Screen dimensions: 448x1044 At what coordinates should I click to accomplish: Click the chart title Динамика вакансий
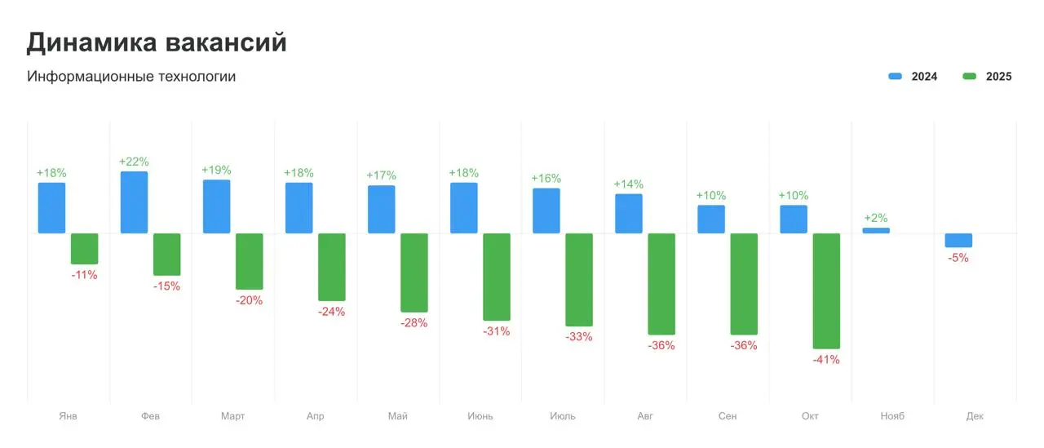157,42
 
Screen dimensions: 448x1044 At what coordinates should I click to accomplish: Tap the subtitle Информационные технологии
131,77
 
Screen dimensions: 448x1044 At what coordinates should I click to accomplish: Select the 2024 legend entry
913,77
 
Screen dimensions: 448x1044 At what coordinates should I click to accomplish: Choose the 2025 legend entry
988,77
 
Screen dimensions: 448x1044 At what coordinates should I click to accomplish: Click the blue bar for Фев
134,202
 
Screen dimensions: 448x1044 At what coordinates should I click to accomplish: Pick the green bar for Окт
826,291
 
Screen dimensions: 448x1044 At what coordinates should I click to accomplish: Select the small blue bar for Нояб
876,231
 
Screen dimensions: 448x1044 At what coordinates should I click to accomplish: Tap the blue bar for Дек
958,240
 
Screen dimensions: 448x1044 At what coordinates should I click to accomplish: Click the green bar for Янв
84,248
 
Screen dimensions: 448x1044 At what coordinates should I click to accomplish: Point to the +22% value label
134,162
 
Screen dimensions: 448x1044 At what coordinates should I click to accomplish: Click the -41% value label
826,360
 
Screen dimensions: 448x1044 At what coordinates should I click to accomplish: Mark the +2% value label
876,218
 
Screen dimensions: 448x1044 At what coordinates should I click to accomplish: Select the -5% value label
958,258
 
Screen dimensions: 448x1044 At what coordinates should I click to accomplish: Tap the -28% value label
414,323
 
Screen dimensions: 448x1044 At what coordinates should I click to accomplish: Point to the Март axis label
232,416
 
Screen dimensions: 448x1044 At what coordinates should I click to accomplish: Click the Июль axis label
563,416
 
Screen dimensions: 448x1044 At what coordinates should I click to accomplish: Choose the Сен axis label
728,416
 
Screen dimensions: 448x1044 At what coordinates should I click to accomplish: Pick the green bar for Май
414,273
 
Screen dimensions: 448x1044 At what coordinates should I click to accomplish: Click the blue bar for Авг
629,214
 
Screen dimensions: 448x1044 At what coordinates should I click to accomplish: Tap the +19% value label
216,170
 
